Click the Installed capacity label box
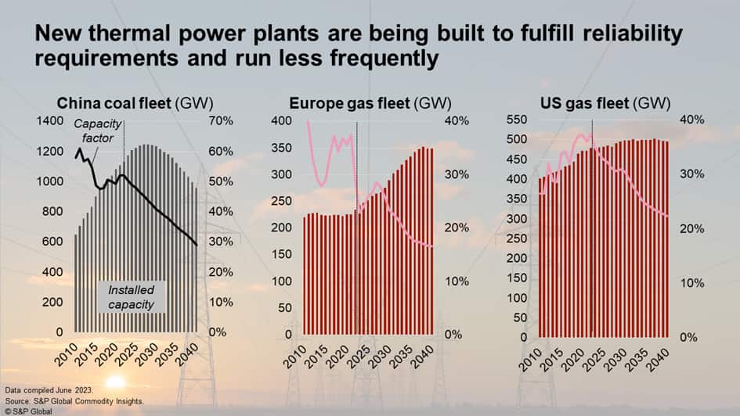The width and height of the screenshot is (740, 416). coord(131,298)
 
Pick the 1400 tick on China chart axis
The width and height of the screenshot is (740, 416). coord(50,120)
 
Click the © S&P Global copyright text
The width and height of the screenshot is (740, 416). coord(28,409)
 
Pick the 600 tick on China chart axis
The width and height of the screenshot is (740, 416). coord(53,242)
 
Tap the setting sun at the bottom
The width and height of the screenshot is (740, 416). coord(115,382)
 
